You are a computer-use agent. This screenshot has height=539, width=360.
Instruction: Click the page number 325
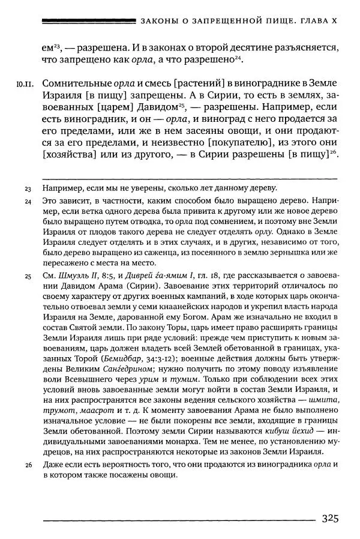[x=332, y=519]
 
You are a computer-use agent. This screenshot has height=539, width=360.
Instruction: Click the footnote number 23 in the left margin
[x=28, y=190]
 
